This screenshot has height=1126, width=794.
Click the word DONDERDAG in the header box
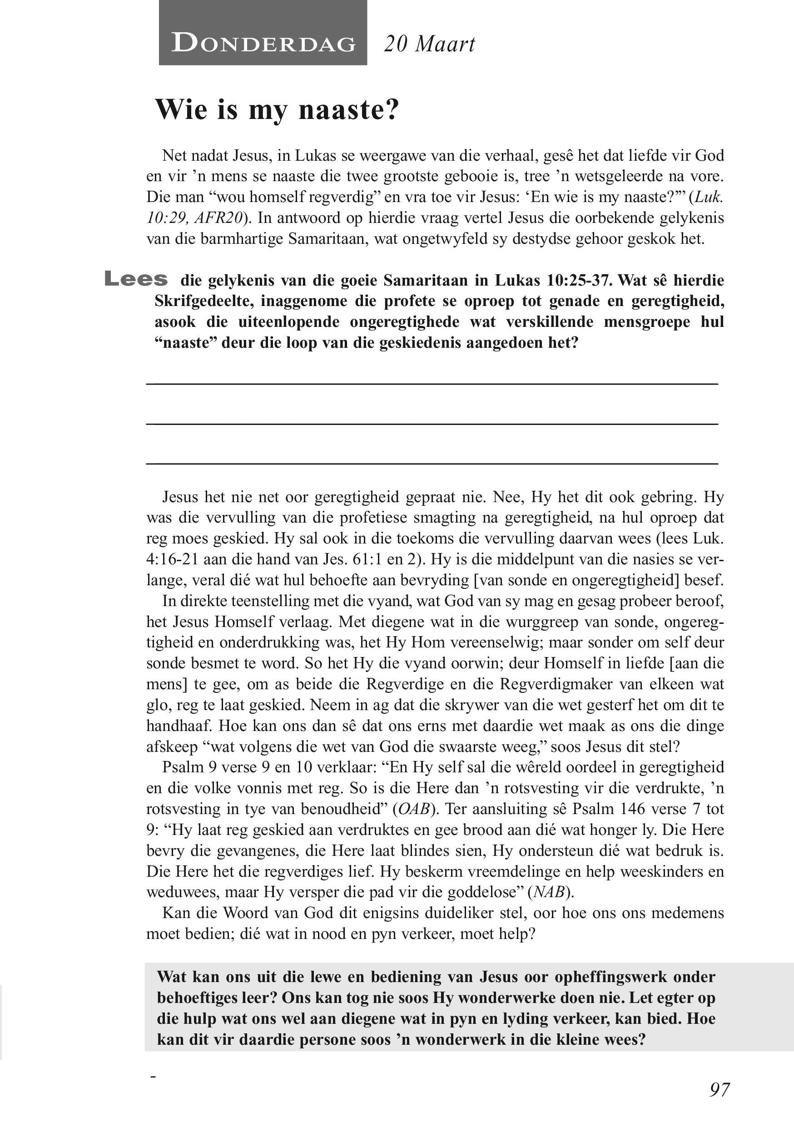(263, 44)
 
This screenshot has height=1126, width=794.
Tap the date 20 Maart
(429, 44)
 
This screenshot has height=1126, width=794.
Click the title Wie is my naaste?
(277, 109)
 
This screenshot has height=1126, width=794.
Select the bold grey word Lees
(136, 279)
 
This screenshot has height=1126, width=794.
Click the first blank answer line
(432, 383)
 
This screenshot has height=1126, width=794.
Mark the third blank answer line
(432, 463)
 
